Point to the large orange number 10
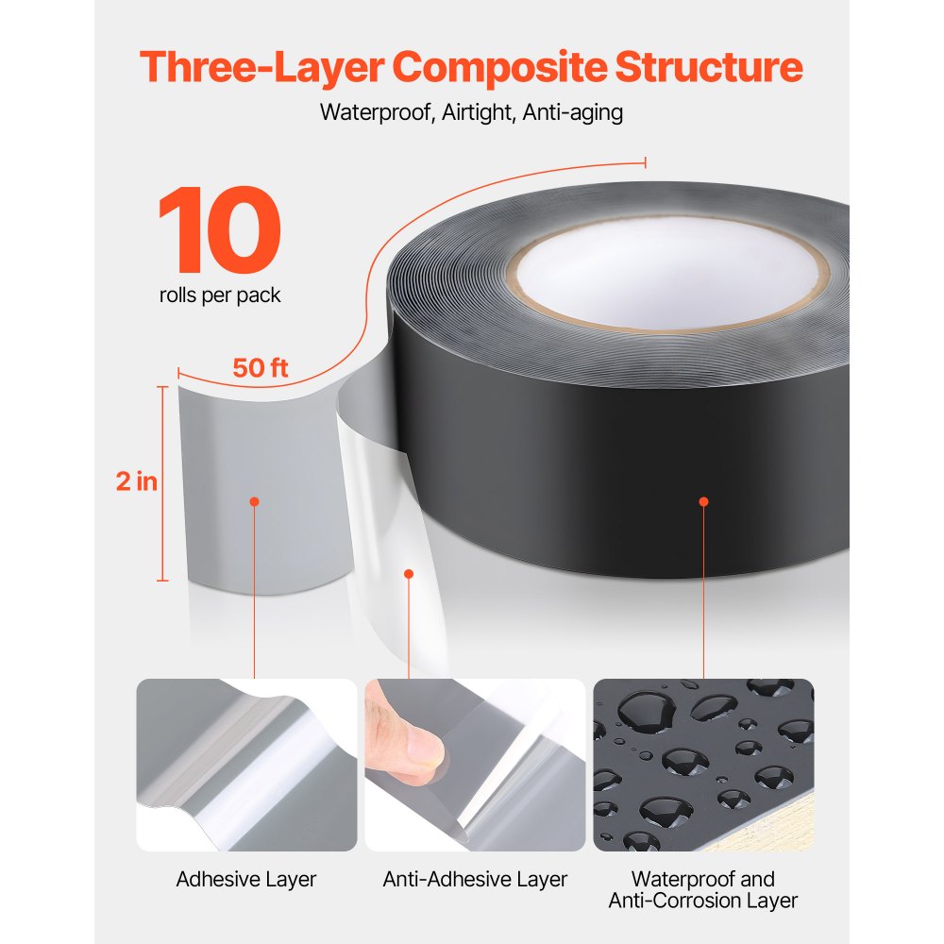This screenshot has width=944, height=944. coord(219,230)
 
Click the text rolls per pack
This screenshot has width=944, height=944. coord(220,295)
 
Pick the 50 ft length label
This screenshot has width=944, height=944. coord(261,368)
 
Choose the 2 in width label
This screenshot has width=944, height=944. coord(136,481)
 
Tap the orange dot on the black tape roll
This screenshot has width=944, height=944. coord(703,501)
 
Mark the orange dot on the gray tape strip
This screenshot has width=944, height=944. coord(254,501)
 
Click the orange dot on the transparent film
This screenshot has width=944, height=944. coord(409,573)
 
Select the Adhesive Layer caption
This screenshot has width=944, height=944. coord(246,880)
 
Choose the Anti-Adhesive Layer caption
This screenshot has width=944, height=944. coord(475,880)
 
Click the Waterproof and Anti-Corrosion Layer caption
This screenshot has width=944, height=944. coord(703,890)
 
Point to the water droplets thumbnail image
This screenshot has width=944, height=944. coord(703,765)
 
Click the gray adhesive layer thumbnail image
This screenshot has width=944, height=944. coord(246,765)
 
